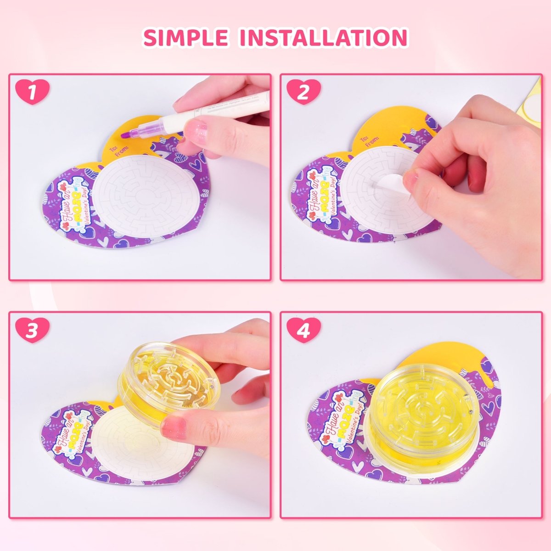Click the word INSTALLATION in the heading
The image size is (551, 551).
tap(324, 38)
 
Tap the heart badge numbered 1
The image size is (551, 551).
tap(32, 92)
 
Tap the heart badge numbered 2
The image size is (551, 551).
tap(303, 92)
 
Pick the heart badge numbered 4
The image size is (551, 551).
tap(303, 331)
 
